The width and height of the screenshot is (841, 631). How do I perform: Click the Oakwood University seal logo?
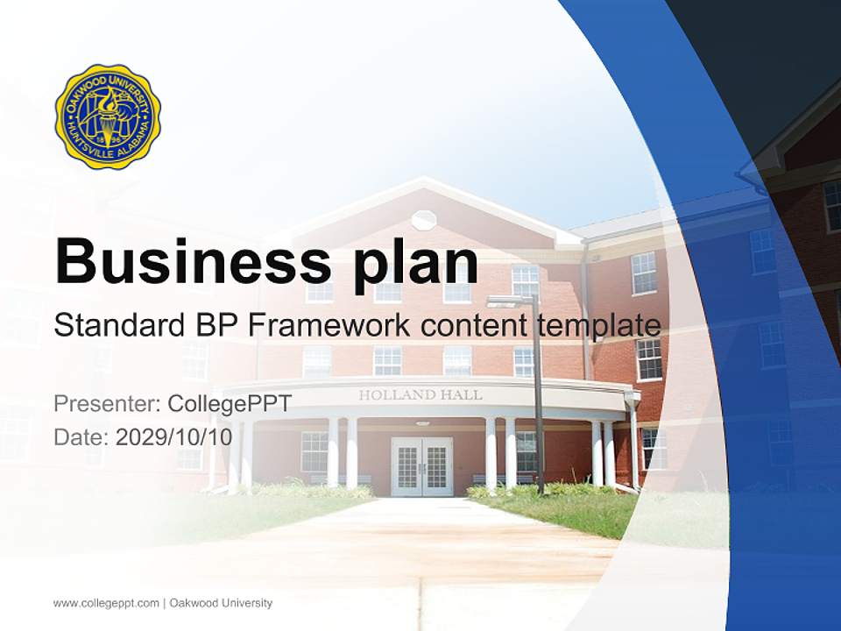pos(108,117)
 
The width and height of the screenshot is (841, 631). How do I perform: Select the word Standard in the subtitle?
pos(120,326)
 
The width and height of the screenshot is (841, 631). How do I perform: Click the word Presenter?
pos(105,404)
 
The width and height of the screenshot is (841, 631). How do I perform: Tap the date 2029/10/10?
pos(174,436)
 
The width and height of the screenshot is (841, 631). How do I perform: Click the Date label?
pos(81,436)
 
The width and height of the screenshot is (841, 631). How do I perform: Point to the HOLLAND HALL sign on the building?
pos(420,395)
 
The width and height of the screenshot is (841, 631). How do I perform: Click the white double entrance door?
pos(421,466)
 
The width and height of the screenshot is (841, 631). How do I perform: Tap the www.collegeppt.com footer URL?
pos(106,603)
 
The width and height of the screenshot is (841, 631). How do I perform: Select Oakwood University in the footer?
pos(221,603)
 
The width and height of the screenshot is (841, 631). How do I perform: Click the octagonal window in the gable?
pos(423,219)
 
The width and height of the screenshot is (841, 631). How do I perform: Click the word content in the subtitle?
pos(474,326)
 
